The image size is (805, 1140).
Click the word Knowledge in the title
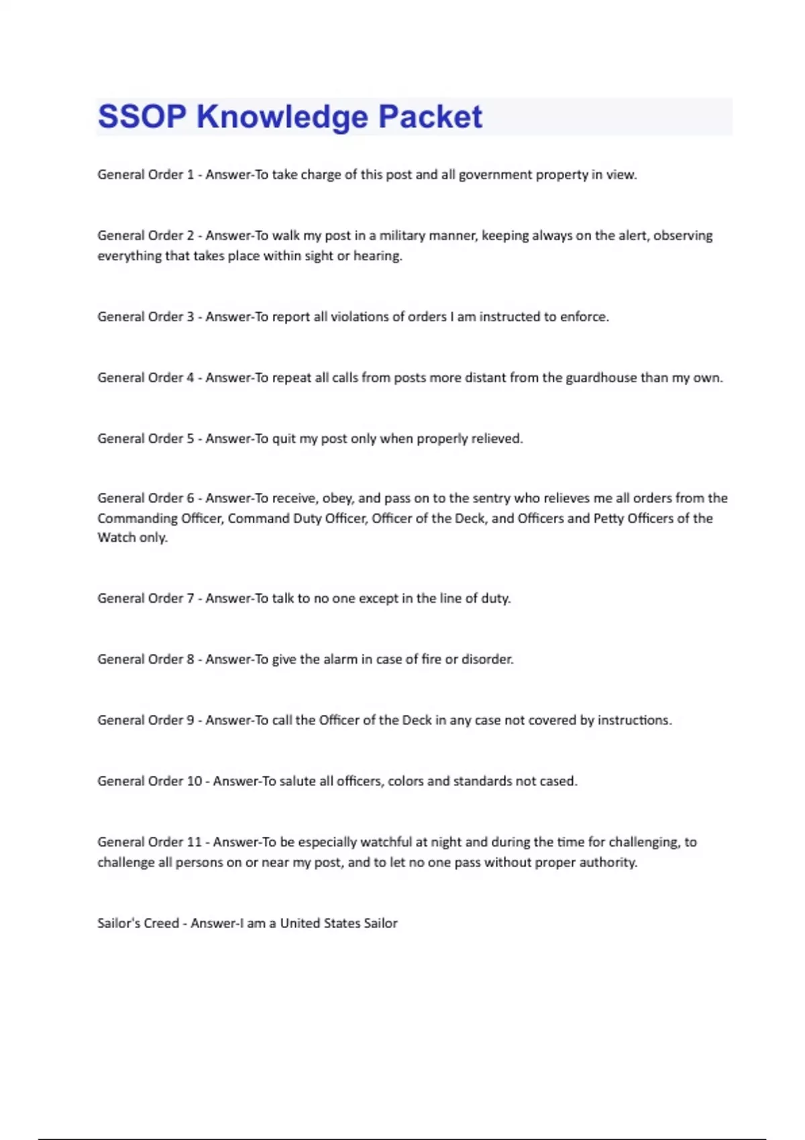click(x=282, y=117)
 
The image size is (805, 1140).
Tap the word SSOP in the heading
click(x=142, y=117)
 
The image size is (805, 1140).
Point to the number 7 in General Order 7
click(x=191, y=598)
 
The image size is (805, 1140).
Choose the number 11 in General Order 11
click(x=194, y=842)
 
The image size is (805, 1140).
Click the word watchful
click(x=386, y=842)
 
